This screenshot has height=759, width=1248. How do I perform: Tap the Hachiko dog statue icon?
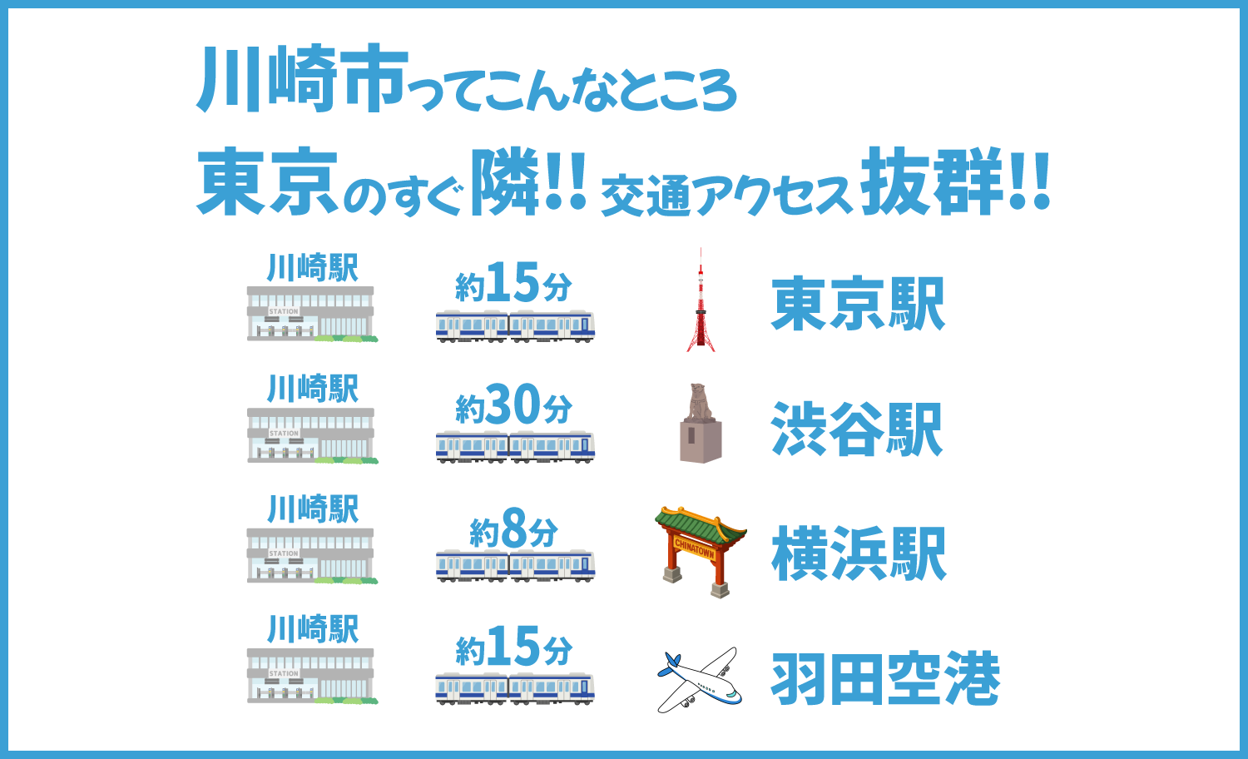pyautogui.click(x=701, y=424)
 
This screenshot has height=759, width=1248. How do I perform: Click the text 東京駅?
pyautogui.click(x=858, y=305)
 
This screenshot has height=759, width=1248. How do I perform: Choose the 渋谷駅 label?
pyautogui.click(x=857, y=429)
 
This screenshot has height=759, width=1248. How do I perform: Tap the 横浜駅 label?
pyautogui.click(x=859, y=554)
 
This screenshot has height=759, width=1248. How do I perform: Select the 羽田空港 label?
pyautogui.click(x=885, y=679)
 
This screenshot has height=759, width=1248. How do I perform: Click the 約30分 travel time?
pyautogui.click(x=513, y=406)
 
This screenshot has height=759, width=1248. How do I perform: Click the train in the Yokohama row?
pyautogui.click(x=515, y=566)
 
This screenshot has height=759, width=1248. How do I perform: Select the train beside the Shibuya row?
pyautogui.click(x=515, y=446)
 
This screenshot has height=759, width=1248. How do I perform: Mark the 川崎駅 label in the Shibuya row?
pyautogui.click(x=313, y=389)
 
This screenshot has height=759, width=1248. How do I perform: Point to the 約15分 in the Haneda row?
pyautogui.click(x=513, y=647)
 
